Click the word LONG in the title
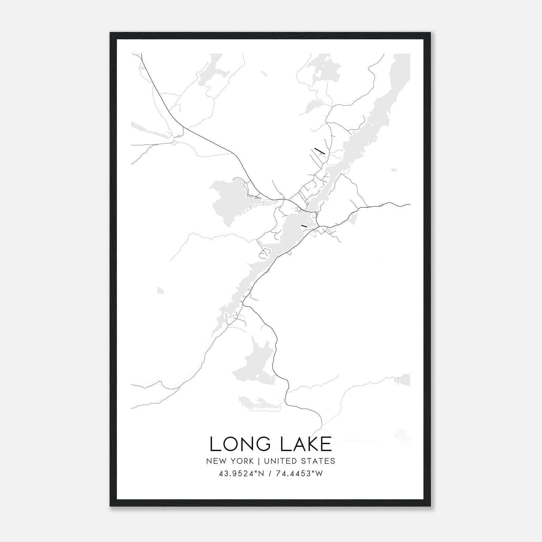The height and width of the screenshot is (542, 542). (237, 444)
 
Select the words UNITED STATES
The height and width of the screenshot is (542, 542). (299, 461)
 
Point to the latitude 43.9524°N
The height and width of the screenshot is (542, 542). (240, 474)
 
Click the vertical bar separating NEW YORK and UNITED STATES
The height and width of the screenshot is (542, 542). (258, 461)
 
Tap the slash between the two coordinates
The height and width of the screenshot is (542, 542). (270, 474)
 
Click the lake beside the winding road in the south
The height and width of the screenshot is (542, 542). (252, 366)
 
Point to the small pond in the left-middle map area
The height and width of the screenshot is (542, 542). (160, 290)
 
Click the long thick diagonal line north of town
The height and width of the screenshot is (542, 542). (319, 151)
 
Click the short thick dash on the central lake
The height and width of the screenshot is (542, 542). (304, 225)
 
